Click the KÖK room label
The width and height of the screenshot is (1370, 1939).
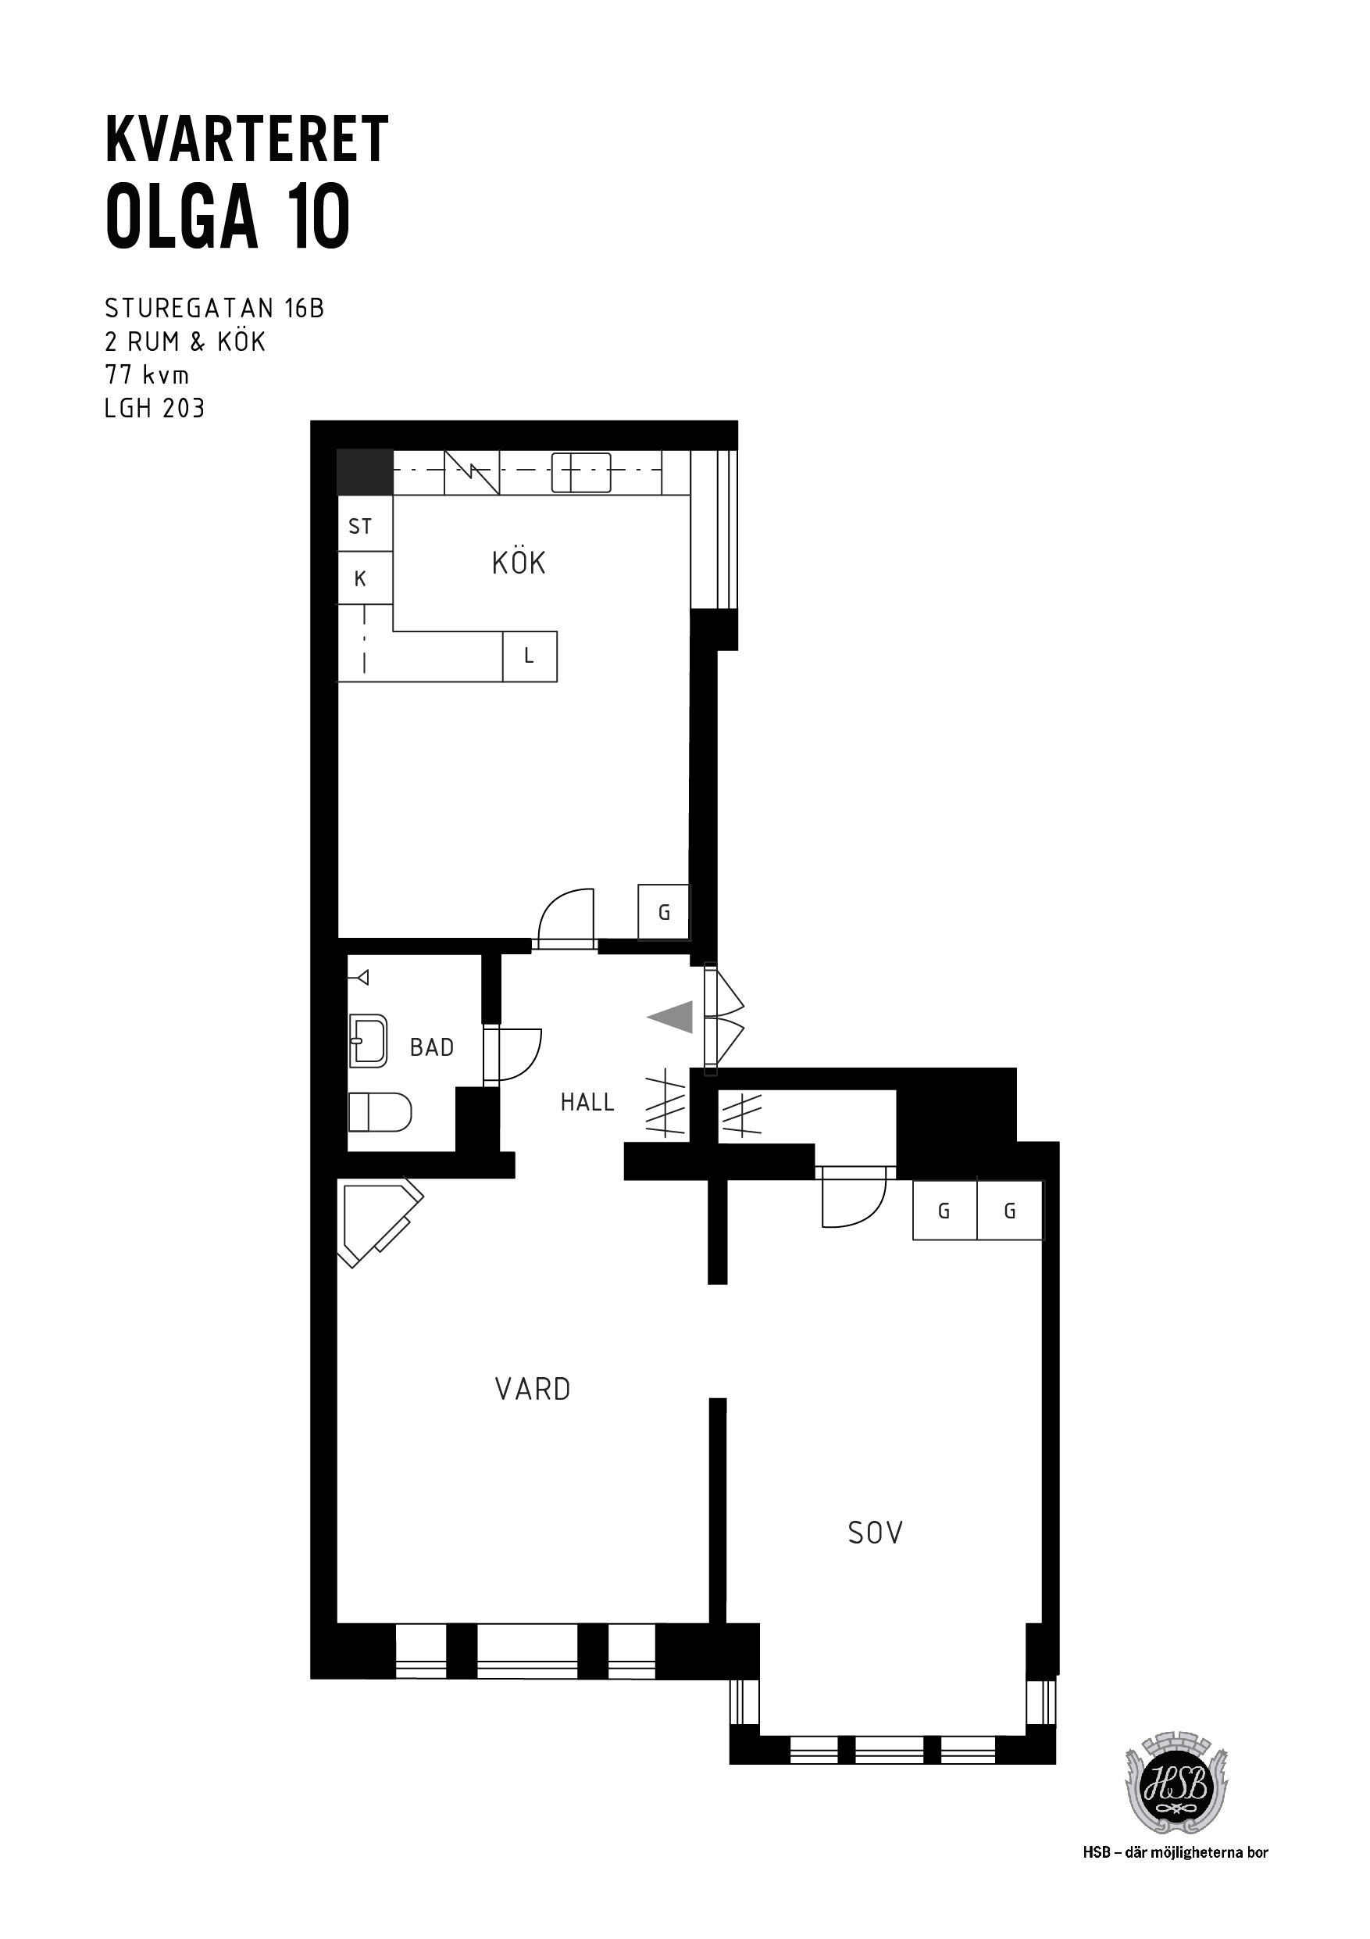(x=519, y=563)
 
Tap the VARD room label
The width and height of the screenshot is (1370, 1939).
(x=533, y=1390)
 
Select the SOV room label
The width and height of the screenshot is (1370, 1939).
(x=876, y=1533)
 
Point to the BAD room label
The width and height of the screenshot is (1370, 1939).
(x=431, y=1047)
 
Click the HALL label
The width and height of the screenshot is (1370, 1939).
(x=587, y=1102)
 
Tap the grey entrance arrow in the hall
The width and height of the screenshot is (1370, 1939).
(x=671, y=1017)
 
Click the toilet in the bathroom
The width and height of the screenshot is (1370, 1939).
(x=380, y=1112)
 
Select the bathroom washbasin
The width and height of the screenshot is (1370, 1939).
(x=368, y=1041)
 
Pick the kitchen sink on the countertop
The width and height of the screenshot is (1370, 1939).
(x=581, y=472)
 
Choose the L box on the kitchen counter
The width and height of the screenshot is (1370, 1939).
(x=530, y=656)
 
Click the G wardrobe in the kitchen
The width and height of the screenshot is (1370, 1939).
(x=663, y=912)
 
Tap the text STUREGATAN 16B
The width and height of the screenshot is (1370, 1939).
(x=215, y=308)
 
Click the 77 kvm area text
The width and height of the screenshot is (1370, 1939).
(x=147, y=375)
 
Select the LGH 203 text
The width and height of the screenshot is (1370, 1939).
(x=155, y=409)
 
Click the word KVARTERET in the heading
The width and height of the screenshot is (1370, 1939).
(x=247, y=139)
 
